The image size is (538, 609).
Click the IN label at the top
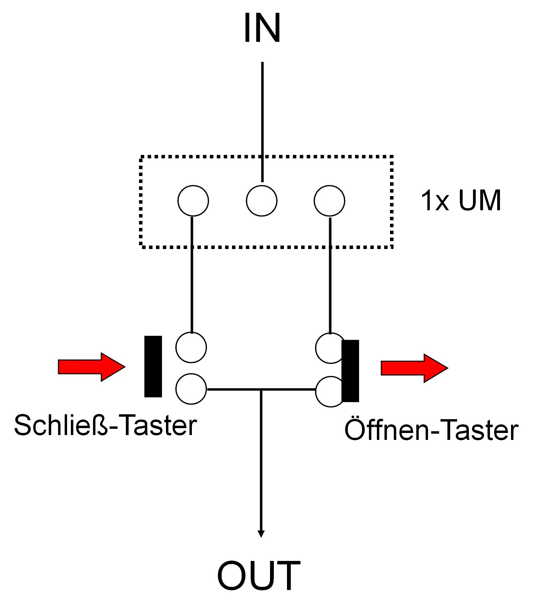coord(262,28)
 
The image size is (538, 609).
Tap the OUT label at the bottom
coord(259,576)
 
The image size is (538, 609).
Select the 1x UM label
coord(461,201)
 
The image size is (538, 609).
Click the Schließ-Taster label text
coord(105,425)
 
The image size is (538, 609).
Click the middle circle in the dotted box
coord(261,201)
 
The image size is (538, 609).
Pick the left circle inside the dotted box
coord(193,201)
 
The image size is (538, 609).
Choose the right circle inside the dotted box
coord(329,201)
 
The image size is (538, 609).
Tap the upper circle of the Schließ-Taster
coord(191,347)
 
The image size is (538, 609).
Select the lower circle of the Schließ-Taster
coord(191,389)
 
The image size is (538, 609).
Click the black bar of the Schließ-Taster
coord(153,366)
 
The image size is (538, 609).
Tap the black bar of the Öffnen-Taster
coord(350,371)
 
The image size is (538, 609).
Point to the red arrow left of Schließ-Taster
coord(91,367)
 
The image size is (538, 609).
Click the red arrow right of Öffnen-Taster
coord(414,368)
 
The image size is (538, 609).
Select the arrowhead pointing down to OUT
coord(261,533)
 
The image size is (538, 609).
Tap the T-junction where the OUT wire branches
coord(261,390)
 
